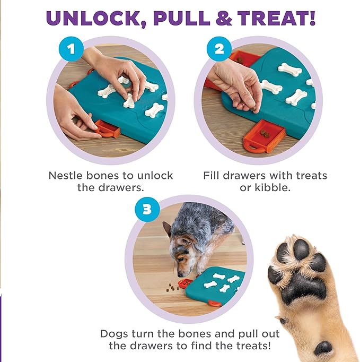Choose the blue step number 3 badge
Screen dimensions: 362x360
147,209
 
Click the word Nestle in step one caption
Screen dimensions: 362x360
65,175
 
